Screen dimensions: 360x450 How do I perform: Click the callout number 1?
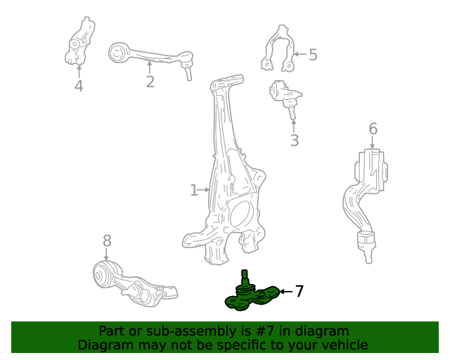[194, 190]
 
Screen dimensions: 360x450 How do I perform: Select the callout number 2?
[150, 82]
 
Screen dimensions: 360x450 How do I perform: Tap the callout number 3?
[294, 140]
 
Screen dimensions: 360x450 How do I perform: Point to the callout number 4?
[79, 86]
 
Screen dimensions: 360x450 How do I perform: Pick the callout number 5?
[313, 54]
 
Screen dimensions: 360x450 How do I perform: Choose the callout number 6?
[373, 129]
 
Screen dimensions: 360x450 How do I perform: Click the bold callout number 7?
[299, 290]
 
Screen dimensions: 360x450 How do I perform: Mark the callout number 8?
[107, 241]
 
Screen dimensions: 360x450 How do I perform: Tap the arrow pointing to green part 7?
[285, 290]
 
